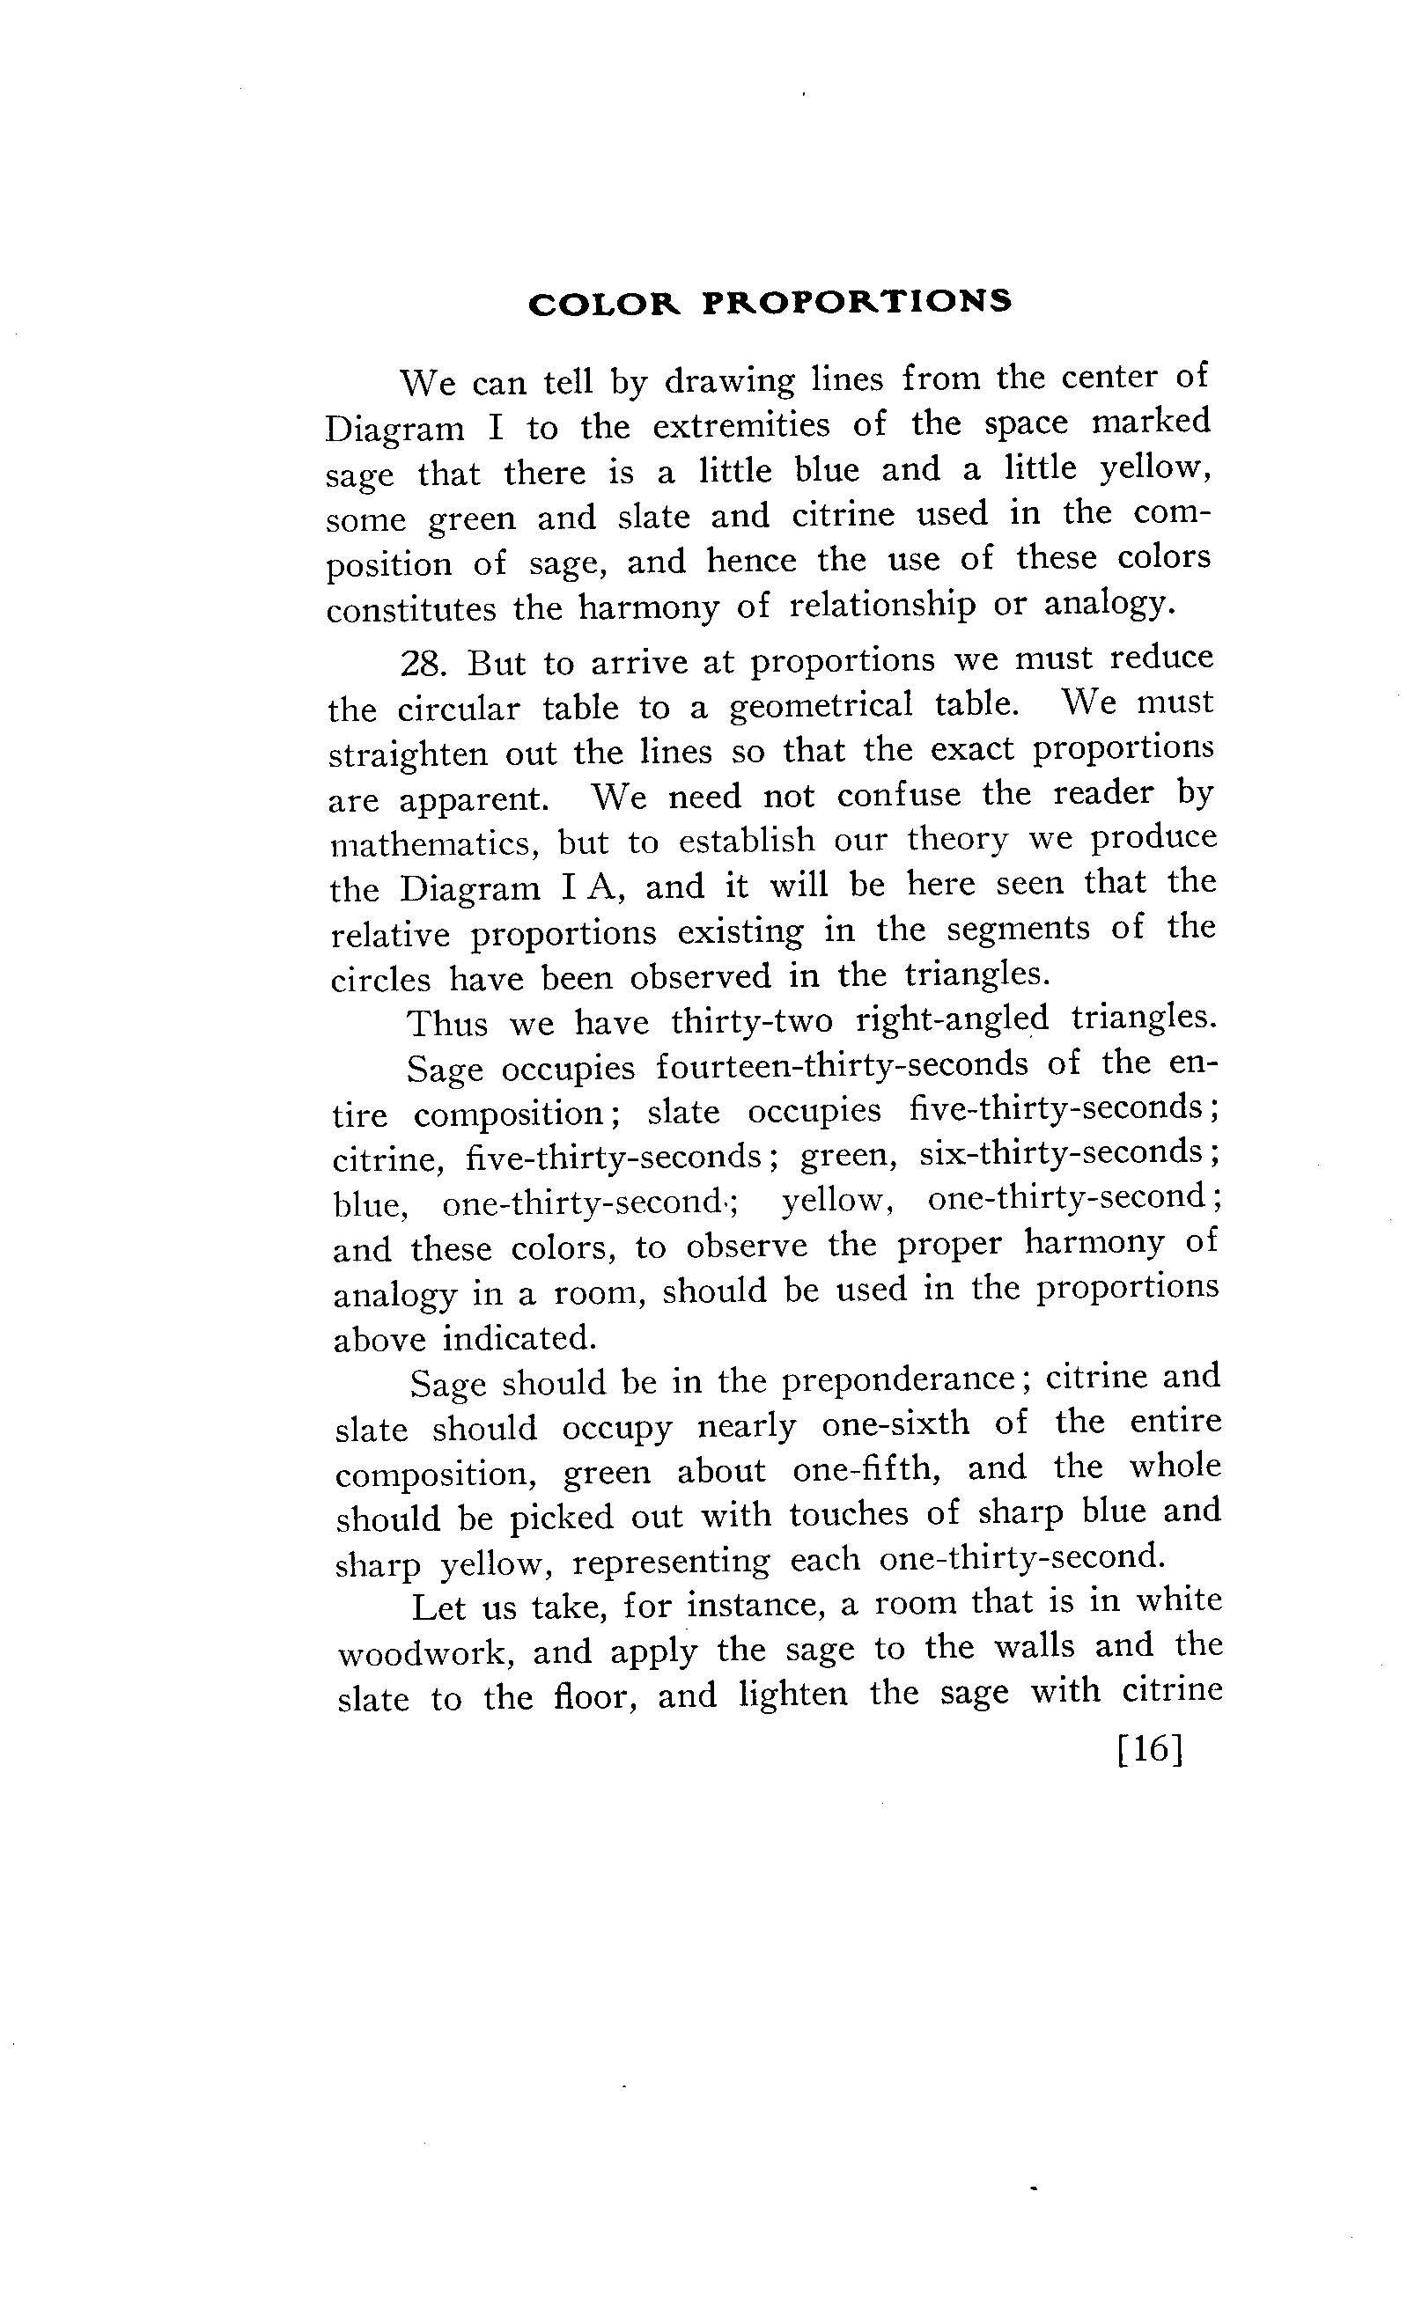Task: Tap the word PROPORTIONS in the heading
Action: click(857, 302)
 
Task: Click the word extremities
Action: click(740, 425)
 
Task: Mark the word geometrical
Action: click(821, 705)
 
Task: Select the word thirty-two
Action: click(751, 1021)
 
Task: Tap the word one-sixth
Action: click(896, 1423)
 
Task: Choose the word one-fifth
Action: click(866, 1469)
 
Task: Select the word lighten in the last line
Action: click(793, 1694)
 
